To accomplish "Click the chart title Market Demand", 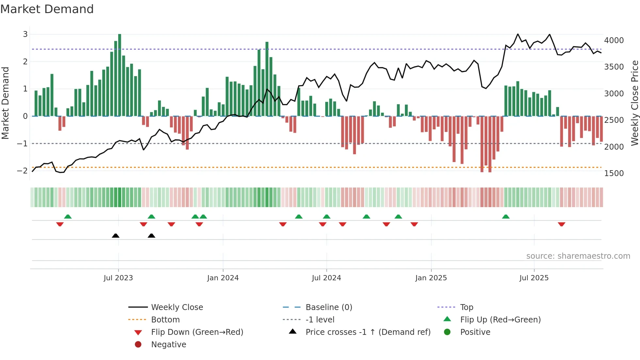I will tap(47, 9).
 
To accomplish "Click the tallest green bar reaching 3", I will tap(120, 75).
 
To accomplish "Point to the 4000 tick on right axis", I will tap(614, 41).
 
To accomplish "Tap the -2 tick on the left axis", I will tap(22, 171).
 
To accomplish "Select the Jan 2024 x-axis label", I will tap(223, 278).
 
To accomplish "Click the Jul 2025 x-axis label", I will tap(534, 278).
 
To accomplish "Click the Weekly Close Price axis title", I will tap(634, 103).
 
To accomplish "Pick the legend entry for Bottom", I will tap(165, 319).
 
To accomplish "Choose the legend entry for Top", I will tap(467, 307).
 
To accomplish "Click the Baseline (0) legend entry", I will tap(329, 307).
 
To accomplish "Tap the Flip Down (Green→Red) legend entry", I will tap(197, 332).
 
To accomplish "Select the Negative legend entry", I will tap(168, 344).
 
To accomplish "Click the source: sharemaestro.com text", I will tap(578, 256).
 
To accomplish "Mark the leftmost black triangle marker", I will tap(116, 236).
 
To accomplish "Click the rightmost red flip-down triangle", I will tap(562, 224).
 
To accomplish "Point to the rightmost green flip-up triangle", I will tap(506, 217).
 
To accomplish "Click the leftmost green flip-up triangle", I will tap(68, 217).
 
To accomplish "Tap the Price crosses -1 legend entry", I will tap(368, 332).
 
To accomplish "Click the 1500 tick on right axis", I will tap(614, 173).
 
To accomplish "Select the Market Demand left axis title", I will tap(6, 103).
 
